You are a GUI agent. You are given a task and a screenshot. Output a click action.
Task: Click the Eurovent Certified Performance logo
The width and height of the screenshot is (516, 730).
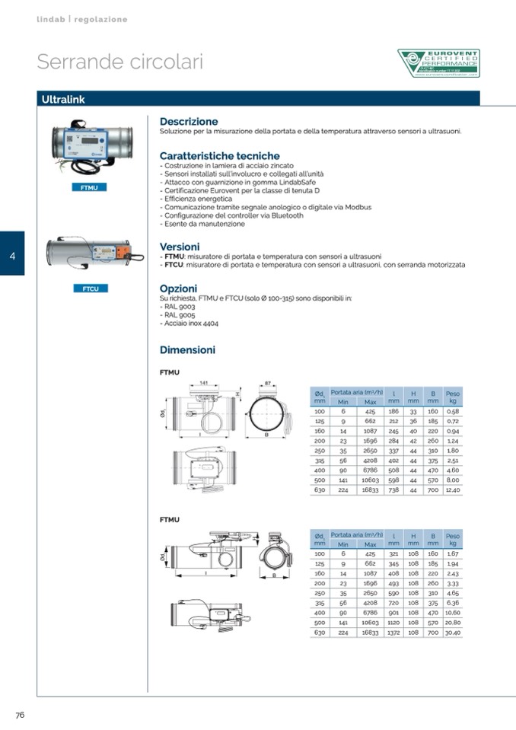[438, 63]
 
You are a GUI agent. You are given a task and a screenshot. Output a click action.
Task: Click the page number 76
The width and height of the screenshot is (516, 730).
[21, 714]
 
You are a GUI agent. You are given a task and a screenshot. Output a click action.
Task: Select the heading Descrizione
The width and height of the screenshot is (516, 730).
[189, 121]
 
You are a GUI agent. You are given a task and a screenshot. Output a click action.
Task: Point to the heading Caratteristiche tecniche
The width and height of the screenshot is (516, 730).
[219, 156]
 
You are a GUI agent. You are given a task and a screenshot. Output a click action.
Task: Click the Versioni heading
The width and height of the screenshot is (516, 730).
[180, 247]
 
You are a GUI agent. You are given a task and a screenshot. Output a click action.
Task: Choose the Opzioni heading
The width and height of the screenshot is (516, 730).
[178, 288]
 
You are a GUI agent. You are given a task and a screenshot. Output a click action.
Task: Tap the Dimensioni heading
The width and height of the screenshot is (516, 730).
[187, 350]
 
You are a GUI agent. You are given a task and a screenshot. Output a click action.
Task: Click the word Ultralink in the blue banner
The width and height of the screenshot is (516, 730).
[63, 100]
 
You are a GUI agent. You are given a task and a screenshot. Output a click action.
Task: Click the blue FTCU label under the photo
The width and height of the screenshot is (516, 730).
[91, 288]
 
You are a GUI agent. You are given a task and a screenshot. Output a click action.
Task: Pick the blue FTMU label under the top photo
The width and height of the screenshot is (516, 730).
[91, 186]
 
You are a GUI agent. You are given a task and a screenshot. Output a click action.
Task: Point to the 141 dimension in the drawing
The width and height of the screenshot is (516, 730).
[204, 382]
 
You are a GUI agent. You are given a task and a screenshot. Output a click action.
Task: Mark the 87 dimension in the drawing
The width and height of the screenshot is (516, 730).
[268, 382]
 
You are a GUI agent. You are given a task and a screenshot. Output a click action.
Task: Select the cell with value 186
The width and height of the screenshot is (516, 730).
[393, 411]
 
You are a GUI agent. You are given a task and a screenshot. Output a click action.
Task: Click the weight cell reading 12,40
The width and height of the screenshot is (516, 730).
[453, 490]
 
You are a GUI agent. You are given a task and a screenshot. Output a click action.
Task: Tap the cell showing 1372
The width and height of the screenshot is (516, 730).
[393, 632]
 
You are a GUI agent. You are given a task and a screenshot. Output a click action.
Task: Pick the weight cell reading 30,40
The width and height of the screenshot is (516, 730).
[453, 632]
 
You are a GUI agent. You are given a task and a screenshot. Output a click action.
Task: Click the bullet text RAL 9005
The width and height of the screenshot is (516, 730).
[179, 314]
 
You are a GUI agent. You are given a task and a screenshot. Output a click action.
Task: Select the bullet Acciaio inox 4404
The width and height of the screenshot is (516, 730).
[190, 323]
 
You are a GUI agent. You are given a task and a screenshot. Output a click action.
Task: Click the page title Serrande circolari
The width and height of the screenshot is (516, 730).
[120, 62]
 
